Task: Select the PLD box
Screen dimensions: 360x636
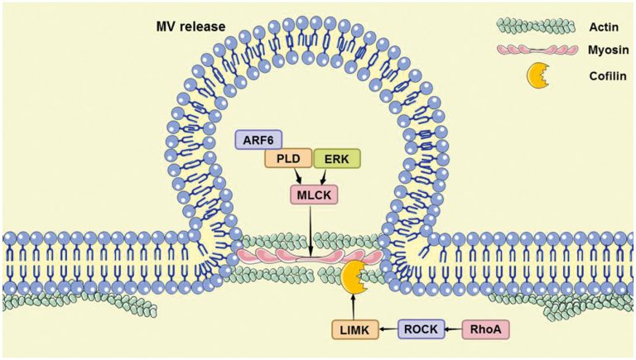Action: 287,159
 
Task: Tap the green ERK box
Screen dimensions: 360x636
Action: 337,159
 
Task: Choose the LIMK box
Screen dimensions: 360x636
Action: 357,329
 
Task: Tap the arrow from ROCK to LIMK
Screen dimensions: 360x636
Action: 389,329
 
